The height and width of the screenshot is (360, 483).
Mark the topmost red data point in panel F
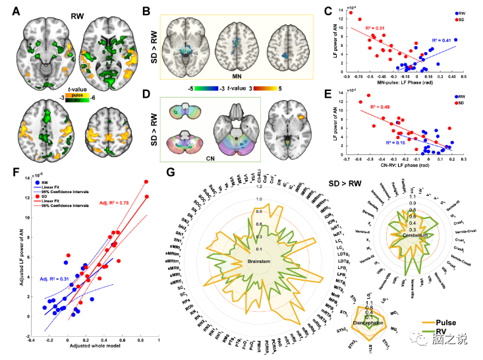click(146, 182)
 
